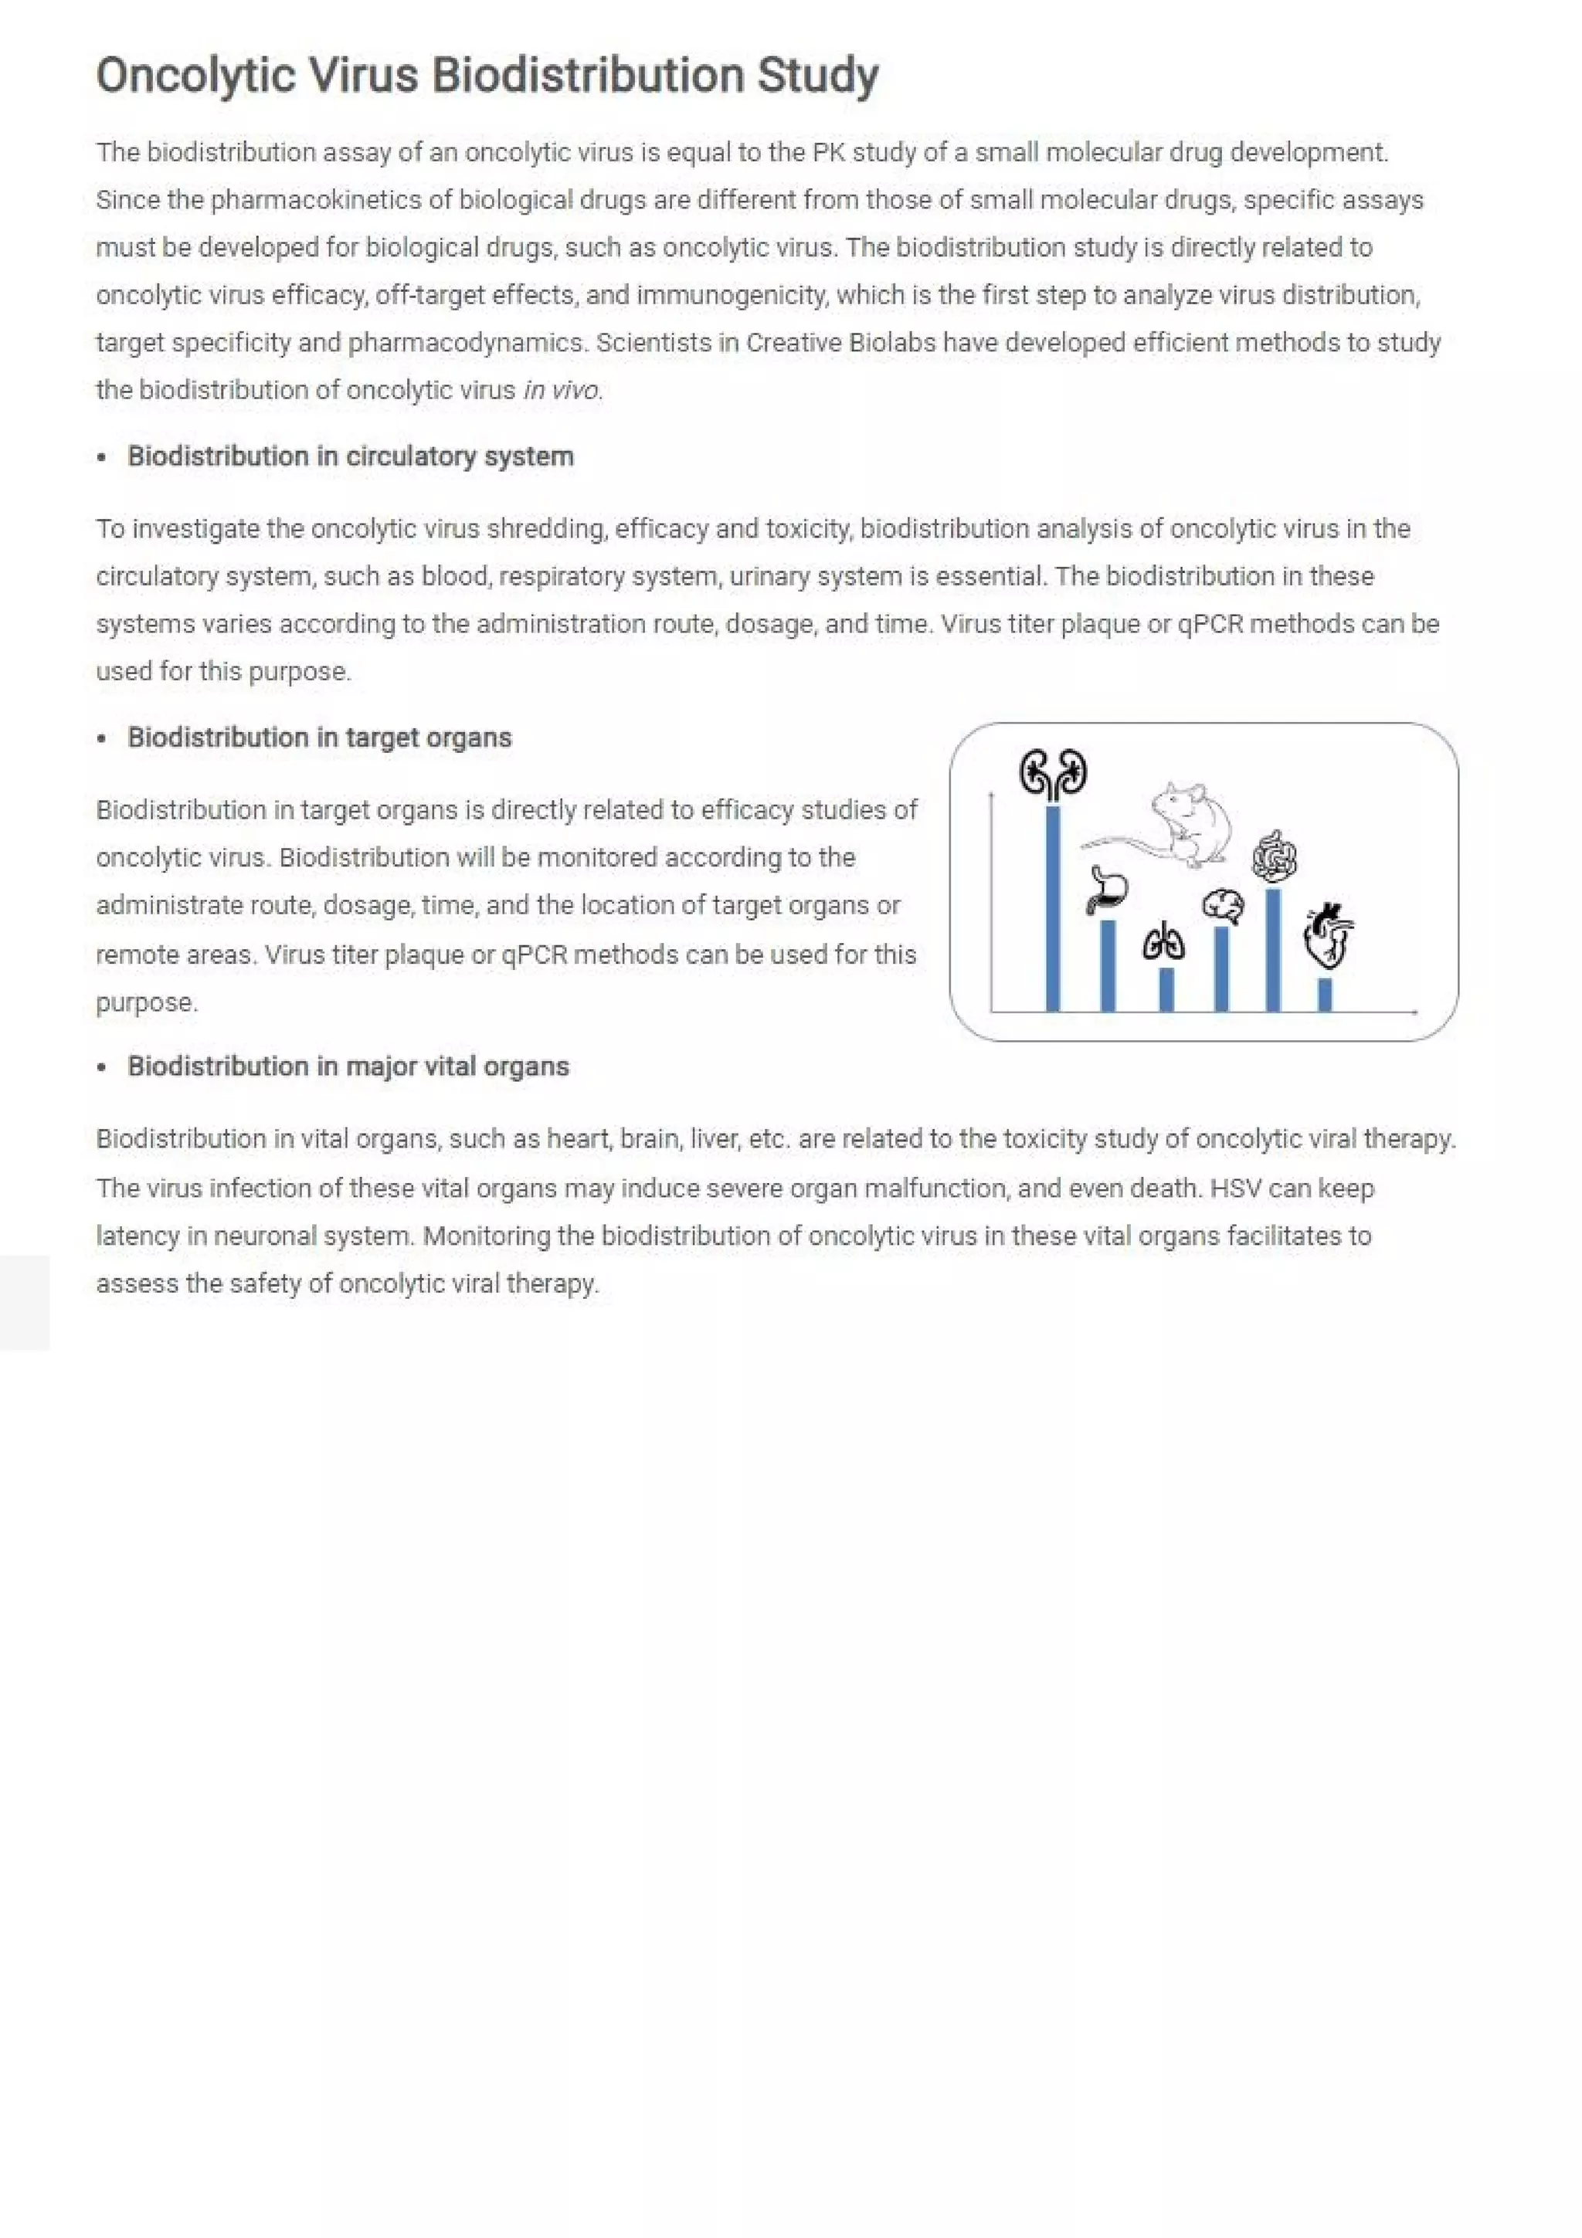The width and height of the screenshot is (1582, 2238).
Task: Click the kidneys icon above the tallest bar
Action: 1053,775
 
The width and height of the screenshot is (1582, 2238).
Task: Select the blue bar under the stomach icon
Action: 1107,965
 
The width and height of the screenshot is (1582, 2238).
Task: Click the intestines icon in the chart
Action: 1274,856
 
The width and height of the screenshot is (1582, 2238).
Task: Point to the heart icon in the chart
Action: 1329,936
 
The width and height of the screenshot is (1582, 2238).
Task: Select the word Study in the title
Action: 818,76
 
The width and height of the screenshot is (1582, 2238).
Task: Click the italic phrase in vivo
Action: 562,390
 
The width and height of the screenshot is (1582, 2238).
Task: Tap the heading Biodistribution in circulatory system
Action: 350,456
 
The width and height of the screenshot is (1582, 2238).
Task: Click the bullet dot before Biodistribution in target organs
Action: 101,739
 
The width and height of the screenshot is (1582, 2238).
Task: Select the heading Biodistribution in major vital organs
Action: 348,1066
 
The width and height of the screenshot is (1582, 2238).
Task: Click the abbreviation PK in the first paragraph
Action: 827,153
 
